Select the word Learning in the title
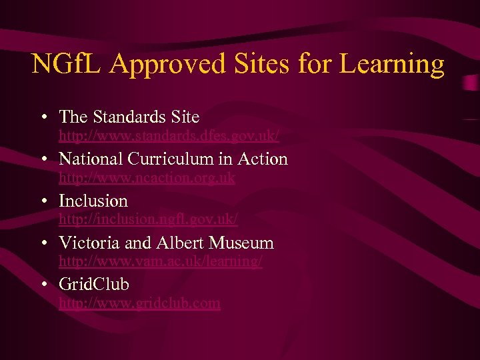click(x=391, y=64)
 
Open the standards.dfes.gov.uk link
click(x=169, y=137)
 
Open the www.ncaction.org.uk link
click(x=147, y=178)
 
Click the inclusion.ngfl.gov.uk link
click(x=148, y=219)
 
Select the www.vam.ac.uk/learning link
click(x=161, y=261)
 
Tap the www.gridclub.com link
click(x=139, y=303)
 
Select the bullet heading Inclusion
click(x=93, y=201)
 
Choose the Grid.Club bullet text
click(x=94, y=285)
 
